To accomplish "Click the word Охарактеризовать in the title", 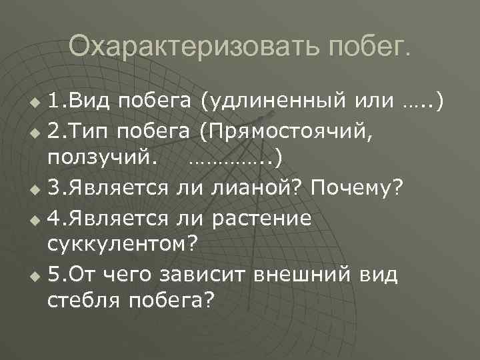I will [x=172, y=47].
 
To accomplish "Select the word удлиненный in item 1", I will [x=274, y=101].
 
